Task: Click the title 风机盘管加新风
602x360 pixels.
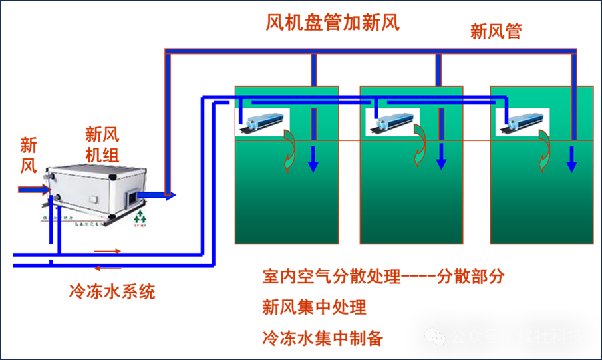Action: (x=333, y=23)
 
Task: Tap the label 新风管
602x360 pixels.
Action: (x=496, y=31)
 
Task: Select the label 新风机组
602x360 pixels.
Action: (x=102, y=144)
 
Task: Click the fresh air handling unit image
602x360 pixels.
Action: (x=94, y=194)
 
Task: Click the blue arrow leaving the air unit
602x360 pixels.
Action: (x=156, y=195)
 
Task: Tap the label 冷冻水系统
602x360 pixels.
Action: (x=112, y=291)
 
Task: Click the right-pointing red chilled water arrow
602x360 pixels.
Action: (x=108, y=251)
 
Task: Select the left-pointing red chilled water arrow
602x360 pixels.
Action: (x=107, y=268)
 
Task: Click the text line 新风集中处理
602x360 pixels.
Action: (x=314, y=307)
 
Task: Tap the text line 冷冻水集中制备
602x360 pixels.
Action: (x=323, y=338)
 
